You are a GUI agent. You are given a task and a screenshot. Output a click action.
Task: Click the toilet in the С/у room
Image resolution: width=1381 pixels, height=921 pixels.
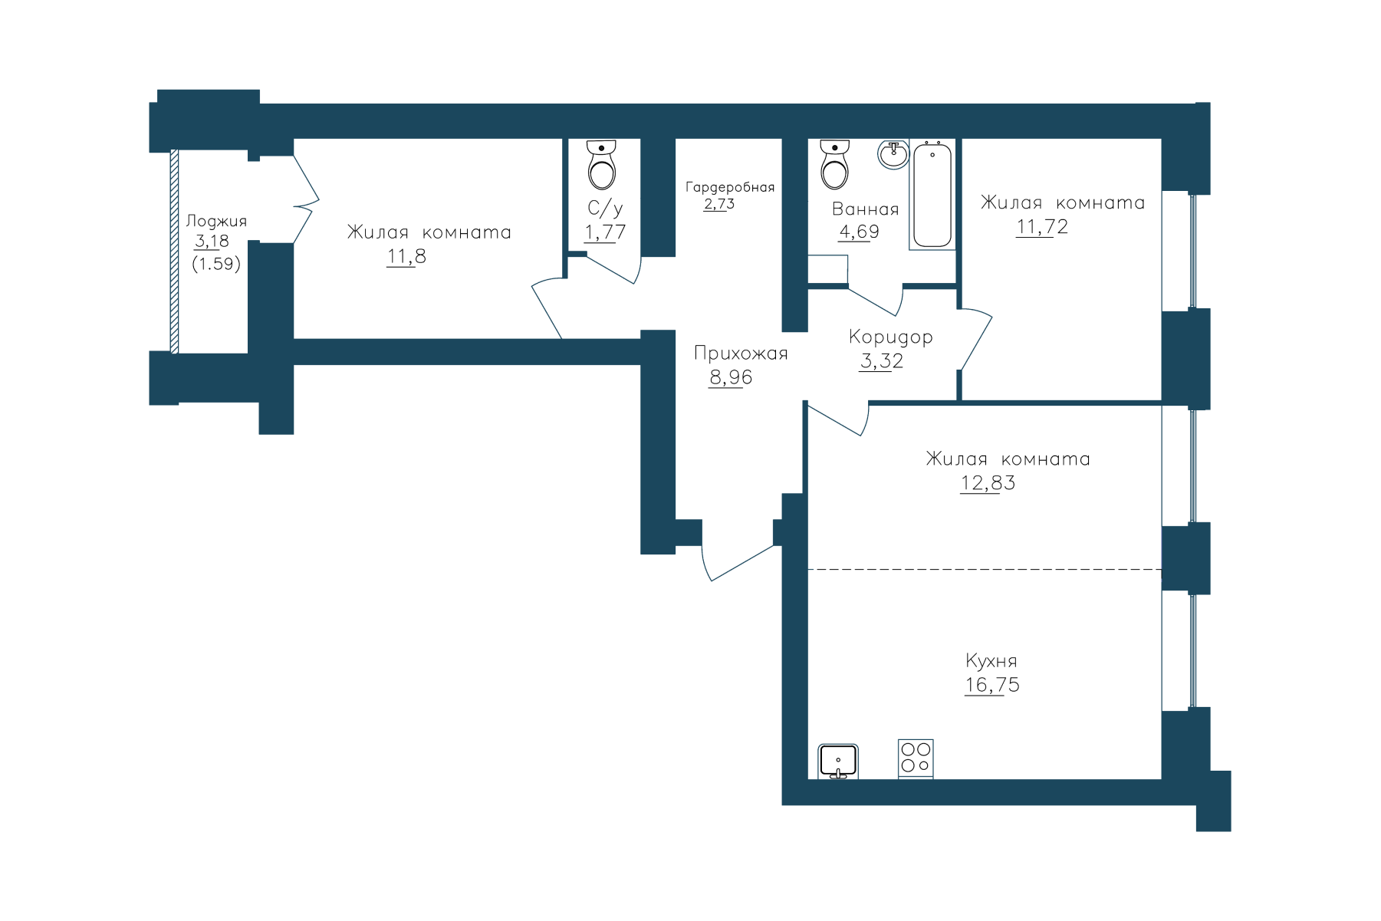point(602,164)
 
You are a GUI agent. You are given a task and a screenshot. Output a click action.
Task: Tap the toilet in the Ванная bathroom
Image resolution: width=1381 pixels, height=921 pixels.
point(834,164)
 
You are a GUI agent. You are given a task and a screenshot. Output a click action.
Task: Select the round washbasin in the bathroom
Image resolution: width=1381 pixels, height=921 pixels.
point(893,155)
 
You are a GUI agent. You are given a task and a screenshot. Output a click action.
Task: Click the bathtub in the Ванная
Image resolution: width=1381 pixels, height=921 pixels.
point(932,195)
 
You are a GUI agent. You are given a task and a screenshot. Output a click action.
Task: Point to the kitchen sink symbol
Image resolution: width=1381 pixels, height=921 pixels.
point(838,761)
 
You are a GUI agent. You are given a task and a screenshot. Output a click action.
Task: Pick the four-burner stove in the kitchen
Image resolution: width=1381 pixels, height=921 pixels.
point(916,758)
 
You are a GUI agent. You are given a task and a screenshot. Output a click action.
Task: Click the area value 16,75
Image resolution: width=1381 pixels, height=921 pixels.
point(992,685)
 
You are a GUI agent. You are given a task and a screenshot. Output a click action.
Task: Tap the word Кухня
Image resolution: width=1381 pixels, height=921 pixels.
point(991,660)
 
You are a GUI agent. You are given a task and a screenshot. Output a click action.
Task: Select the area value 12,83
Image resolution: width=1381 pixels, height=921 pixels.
point(988,483)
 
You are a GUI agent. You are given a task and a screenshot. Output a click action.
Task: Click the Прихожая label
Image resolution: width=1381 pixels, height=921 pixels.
point(741,354)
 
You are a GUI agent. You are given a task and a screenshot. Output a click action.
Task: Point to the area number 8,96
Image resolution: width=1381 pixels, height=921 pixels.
point(731,377)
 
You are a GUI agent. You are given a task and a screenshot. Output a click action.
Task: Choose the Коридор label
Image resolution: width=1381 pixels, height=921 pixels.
point(891,337)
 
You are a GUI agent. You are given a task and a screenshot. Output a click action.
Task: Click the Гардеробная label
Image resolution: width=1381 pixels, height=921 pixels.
point(730,187)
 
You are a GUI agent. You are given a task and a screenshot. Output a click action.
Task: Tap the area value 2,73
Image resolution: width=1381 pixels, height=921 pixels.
point(719,204)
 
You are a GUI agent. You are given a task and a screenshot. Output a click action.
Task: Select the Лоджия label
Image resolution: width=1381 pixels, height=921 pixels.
point(216,222)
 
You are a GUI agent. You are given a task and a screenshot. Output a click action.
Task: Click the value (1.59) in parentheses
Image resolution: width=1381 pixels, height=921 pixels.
point(216,264)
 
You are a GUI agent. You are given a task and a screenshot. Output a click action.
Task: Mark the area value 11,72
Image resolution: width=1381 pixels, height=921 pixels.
point(1042,227)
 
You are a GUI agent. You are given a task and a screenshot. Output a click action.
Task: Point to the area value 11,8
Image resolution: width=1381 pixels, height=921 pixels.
point(406,257)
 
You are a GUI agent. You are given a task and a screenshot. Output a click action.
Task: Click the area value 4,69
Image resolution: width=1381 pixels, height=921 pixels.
point(859,232)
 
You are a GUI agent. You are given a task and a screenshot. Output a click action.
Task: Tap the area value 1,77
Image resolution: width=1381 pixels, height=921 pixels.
point(605,232)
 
